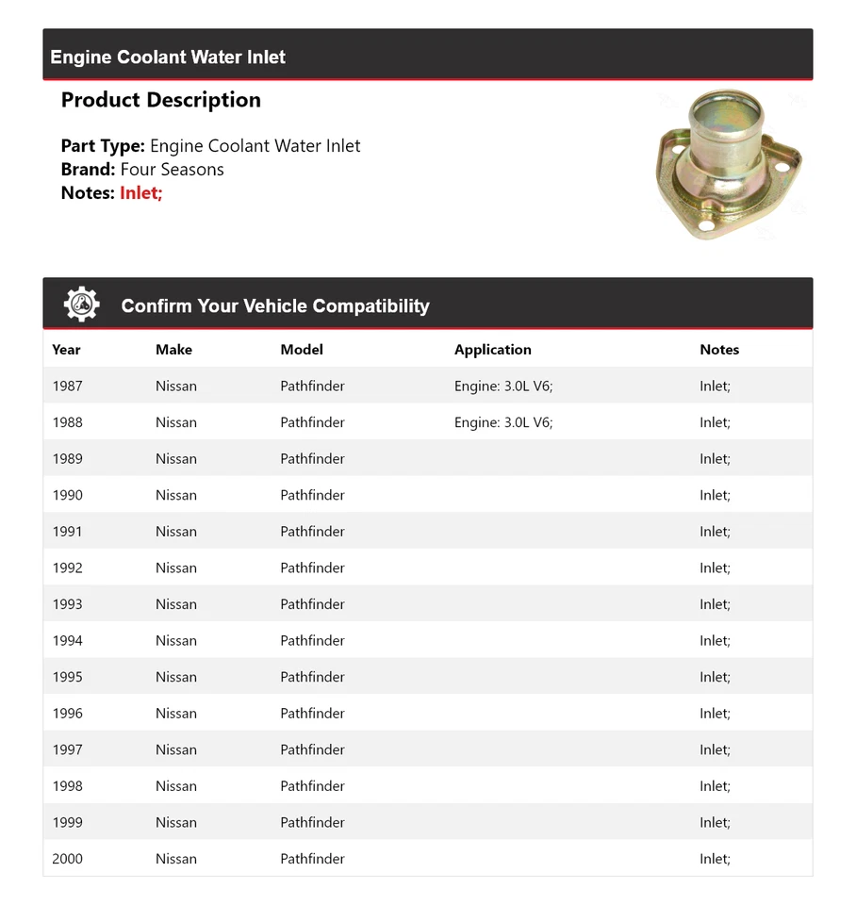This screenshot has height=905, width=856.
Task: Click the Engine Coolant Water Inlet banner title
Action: pos(168,58)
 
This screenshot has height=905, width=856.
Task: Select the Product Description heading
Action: pos(161,100)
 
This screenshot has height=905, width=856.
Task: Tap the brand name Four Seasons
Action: pos(173,170)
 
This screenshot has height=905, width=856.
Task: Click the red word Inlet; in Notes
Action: pos(141,193)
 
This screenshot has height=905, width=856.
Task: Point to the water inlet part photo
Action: pos(728,164)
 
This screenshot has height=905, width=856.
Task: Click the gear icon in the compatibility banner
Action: pos(81,304)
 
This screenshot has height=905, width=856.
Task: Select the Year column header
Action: pos(66,350)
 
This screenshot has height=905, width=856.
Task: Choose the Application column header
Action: pos(493,350)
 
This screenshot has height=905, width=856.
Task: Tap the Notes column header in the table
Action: pos(719,350)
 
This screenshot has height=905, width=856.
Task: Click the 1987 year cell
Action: pos(68,387)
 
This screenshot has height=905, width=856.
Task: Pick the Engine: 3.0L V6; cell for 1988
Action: pos(503,422)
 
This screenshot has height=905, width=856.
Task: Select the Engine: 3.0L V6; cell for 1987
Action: pos(503,387)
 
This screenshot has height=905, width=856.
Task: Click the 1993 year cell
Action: pos(68,604)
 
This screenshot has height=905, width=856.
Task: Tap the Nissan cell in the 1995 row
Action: pos(176,677)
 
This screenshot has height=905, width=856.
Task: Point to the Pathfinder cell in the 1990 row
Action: pos(312,495)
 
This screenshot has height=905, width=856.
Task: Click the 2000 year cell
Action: pos(68,859)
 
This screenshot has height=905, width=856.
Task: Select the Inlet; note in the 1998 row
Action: pos(715,786)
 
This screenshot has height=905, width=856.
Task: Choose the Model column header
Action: pos(302,350)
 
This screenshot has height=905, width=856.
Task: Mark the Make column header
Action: pos(173,350)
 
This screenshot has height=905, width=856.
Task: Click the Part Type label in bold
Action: pos(103,146)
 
